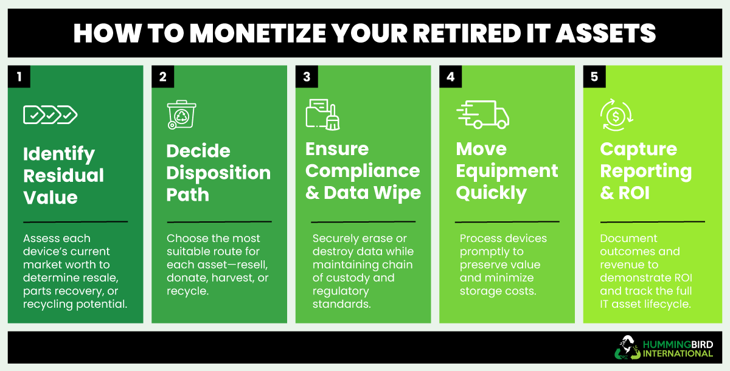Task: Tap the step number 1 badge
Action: coord(19,77)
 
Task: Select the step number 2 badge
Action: coord(163,77)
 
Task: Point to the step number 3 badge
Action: coord(307,77)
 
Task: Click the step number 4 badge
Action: coord(451,77)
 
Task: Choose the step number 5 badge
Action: coord(594,77)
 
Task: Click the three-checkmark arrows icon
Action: coord(50,114)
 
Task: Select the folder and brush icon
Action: coord(322,114)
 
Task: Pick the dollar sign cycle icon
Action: coord(616,115)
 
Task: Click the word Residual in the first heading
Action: coord(63,176)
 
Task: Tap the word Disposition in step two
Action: coord(218,173)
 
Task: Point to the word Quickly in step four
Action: coord(491,193)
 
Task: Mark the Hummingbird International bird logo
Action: coord(627,347)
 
